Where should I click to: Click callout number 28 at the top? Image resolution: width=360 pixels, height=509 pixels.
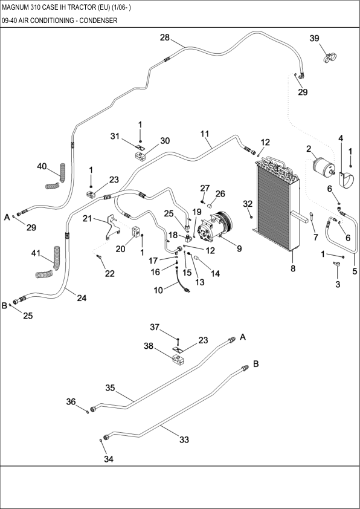coord(164,37)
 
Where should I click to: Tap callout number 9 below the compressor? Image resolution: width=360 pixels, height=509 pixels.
coord(239,248)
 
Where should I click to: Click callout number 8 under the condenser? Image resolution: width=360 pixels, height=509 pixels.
coord(293,268)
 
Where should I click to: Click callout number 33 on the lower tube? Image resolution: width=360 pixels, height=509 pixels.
coord(184,439)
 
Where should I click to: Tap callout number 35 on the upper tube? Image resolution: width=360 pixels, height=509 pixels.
coord(110,387)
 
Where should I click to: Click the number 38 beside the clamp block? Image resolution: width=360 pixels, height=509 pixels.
coord(148,347)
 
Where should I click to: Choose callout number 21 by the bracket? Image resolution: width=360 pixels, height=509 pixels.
coord(88,218)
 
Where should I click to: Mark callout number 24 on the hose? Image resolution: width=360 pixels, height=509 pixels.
coord(82,297)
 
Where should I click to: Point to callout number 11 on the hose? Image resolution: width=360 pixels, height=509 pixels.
coord(205,133)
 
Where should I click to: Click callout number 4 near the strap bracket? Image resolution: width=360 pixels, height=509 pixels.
coord(341,138)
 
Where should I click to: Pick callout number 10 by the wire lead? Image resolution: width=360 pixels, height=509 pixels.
coord(158,290)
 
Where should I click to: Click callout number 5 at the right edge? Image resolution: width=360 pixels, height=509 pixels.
coord(355,271)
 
